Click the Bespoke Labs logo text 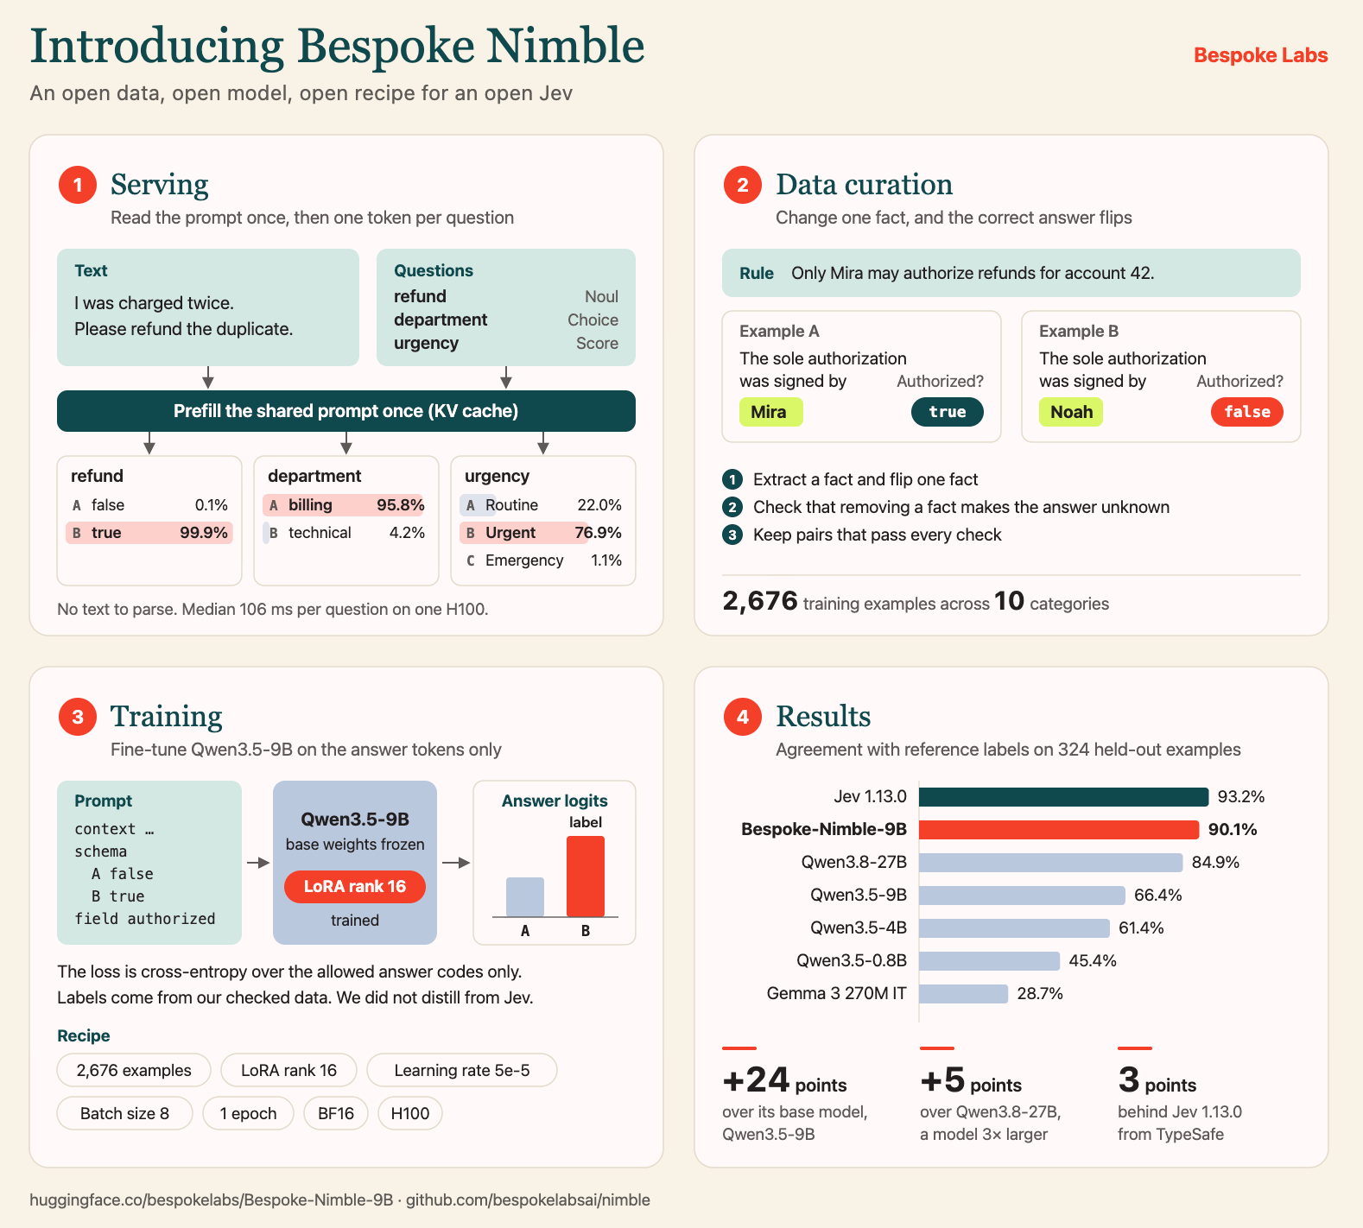click(1260, 55)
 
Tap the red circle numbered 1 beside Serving click(78, 185)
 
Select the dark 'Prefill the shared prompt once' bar click(346, 411)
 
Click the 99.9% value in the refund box click(204, 533)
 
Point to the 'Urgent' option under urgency click(510, 533)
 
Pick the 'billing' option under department click(310, 505)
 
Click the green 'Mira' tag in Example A click(770, 412)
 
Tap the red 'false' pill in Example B click(1247, 412)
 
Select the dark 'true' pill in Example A click(948, 412)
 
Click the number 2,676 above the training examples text click(760, 600)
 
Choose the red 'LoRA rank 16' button click(355, 887)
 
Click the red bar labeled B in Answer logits click(586, 876)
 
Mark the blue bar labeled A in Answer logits click(525, 897)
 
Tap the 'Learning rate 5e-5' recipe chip click(462, 1071)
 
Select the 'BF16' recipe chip click(336, 1114)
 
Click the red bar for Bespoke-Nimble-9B click(1059, 830)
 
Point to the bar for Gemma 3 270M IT click(963, 994)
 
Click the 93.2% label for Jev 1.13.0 click(1241, 796)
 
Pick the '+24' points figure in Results click(756, 1080)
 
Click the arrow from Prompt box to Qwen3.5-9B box click(258, 863)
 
